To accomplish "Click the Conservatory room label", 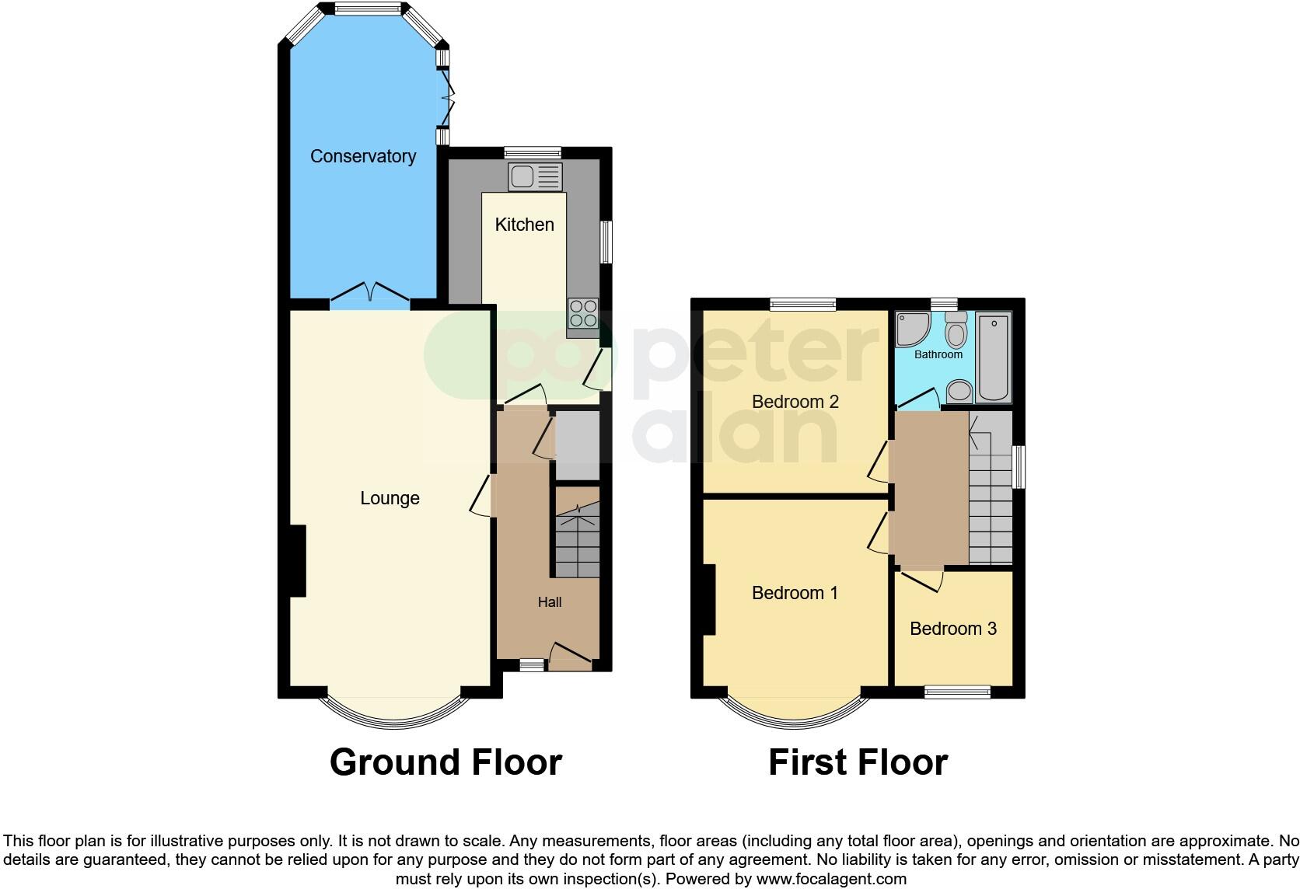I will (x=362, y=156).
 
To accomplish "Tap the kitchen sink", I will (x=534, y=176).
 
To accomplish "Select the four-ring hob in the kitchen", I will (x=582, y=313).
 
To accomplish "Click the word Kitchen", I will (x=524, y=225).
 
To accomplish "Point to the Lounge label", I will (x=390, y=498).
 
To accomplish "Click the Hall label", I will (x=549, y=602).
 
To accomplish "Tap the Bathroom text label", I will (x=938, y=354).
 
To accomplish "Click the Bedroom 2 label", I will (x=795, y=402).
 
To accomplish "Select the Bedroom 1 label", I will (x=795, y=593).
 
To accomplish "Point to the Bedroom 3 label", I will (x=952, y=629).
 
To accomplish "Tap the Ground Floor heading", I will (x=446, y=762).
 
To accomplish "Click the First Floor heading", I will (x=858, y=762).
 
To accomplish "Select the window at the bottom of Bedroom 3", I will (x=956, y=692).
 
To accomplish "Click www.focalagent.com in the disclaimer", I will (x=831, y=880).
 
